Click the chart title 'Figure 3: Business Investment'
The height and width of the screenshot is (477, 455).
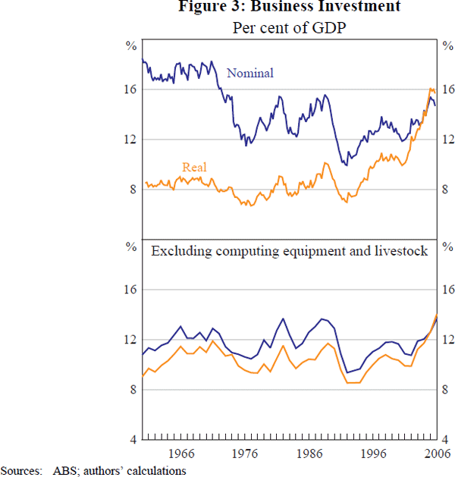[290, 8]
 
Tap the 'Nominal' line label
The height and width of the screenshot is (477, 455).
[250, 74]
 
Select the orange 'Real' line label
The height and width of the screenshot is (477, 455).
[194, 168]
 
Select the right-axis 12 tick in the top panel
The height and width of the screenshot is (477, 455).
[449, 140]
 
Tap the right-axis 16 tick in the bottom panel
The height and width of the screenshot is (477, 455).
[449, 290]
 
